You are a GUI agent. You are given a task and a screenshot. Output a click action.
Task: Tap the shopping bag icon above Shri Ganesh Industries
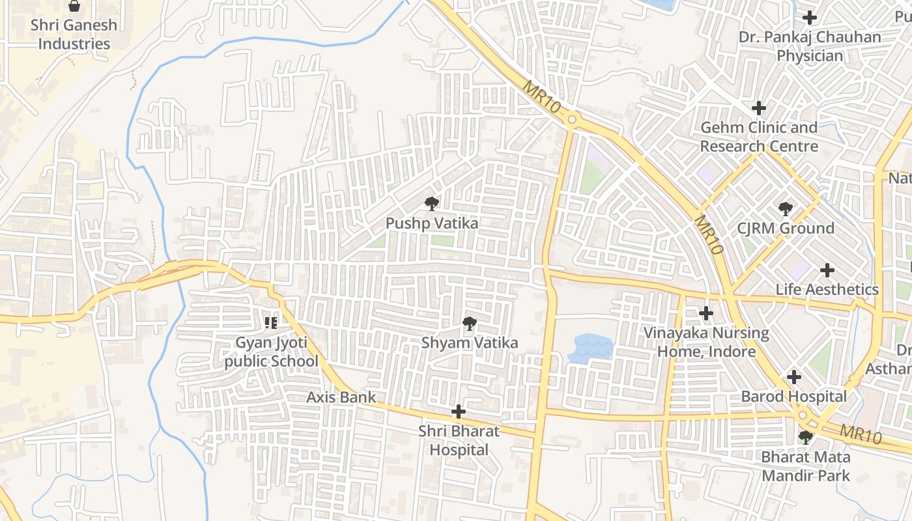pos(75,7)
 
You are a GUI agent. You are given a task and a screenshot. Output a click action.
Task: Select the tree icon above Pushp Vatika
pos(431,204)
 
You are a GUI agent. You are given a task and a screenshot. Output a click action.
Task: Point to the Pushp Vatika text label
pos(432,223)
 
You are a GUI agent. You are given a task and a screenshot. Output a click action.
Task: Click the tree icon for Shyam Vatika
pos(469,324)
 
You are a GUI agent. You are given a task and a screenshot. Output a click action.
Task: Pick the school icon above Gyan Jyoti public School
pos(272,322)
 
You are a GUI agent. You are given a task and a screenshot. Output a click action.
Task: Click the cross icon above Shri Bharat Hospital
pos(459,412)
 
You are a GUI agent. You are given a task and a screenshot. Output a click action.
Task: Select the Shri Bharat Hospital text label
pos(459,440)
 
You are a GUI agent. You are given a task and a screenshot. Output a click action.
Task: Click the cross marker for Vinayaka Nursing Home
pos(706,314)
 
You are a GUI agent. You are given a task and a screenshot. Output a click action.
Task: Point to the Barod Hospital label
pos(793,396)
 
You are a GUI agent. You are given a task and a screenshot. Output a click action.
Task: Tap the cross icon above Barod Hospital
pos(793,377)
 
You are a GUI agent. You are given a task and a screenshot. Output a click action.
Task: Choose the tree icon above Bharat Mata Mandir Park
pos(806,437)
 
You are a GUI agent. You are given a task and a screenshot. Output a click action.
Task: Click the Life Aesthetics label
pos(827,289)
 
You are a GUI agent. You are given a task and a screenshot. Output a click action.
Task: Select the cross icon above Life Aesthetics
pos(827,270)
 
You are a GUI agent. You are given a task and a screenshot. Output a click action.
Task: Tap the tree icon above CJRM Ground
pos(786,209)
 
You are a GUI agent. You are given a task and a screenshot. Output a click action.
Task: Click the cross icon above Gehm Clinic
pos(759,108)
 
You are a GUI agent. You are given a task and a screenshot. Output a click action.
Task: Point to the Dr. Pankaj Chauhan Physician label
pos(810,46)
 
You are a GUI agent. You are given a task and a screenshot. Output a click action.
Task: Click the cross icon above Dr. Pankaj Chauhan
pos(810,18)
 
